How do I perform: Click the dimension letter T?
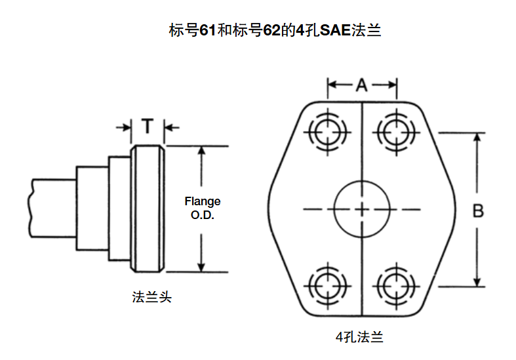click(x=149, y=126)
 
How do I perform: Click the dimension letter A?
click(x=362, y=85)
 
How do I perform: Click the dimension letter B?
click(x=479, y=210)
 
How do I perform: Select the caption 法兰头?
click(x=151, y=297)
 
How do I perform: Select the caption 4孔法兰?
click(x=359, y=338)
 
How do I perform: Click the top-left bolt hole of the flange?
click(x=326, y=132)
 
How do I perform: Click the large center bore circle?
click(x=362, y=209)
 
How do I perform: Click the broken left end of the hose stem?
click(x=31, y=208)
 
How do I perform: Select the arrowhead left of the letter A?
click(x=332, y=85)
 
